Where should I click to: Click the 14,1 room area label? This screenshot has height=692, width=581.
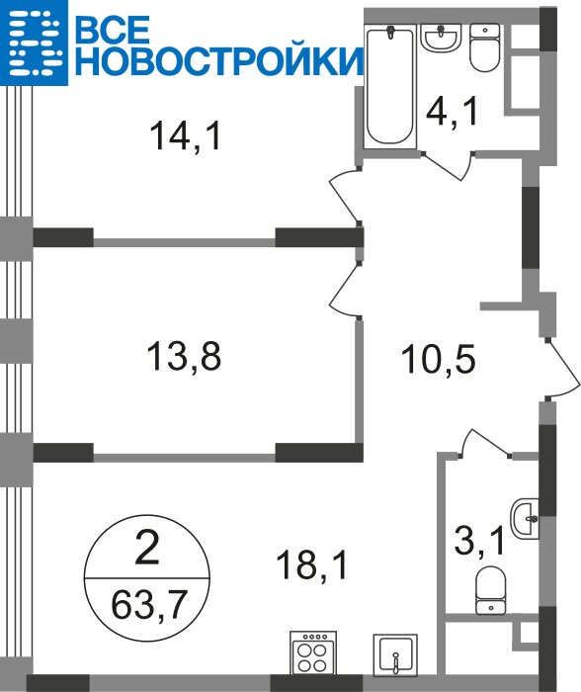(185, 136)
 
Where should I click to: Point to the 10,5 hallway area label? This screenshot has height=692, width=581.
(438, 359)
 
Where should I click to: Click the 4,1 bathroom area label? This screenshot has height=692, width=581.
(453, 112)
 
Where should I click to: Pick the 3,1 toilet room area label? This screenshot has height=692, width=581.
(479, 541)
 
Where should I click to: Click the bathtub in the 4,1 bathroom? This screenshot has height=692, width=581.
(390, 86)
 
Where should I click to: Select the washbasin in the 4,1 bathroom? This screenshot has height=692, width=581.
(441, 38)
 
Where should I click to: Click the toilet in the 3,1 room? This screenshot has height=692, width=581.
(491, 590)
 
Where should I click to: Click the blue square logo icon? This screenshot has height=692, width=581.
(34, 43)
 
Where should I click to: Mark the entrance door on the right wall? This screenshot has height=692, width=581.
(561, 369)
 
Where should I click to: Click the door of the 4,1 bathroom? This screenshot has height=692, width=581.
(448, 165)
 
